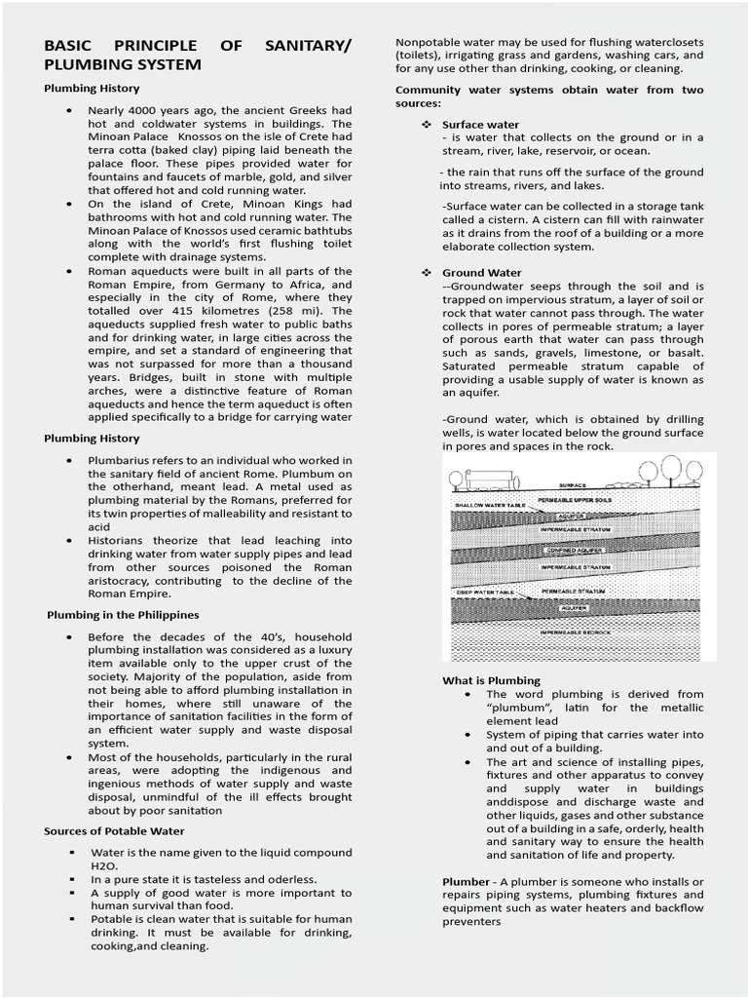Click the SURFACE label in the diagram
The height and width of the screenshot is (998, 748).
(x=573, y=484)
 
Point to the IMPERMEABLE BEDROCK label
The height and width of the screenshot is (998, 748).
(x=574, y=633)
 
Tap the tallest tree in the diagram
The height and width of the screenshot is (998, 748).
(x=672, y=469)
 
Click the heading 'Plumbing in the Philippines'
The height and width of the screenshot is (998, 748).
(x=123, y=615)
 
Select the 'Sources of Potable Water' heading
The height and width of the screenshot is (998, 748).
(x=114, y=831)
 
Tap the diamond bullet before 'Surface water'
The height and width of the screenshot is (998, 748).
(x=426, y=125)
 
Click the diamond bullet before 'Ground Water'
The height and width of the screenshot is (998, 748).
(x=426, y=273)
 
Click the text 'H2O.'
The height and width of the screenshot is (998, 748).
(x=103, y=864)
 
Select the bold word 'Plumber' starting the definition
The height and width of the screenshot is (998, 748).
(x=467, y=881)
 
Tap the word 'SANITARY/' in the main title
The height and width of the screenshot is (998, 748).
(x=310, y=46)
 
